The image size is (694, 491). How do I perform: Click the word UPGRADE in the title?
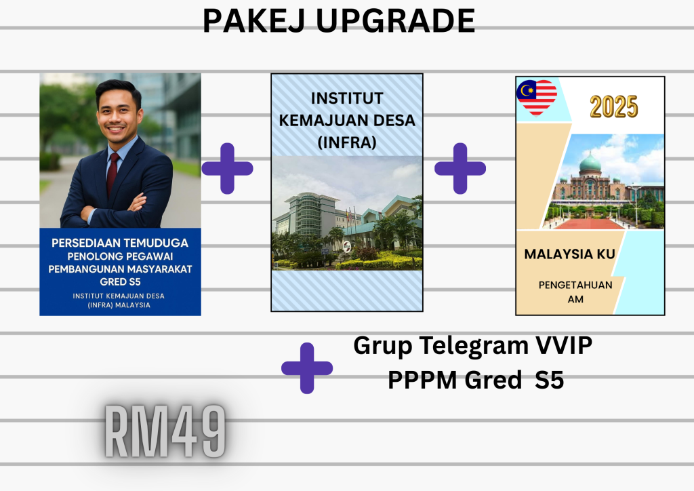(395, 20)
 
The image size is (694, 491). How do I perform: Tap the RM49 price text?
(165, 431)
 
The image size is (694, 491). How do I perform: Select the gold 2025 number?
(614, 106)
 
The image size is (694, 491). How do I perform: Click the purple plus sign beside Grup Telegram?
(307, 368)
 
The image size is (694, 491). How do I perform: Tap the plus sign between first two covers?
(227, 168)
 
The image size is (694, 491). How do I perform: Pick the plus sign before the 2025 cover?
(460, 168)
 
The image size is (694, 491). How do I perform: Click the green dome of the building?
(590, 163)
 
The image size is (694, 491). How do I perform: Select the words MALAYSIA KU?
(569, 254)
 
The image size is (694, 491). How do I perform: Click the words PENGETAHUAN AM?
(575, 292)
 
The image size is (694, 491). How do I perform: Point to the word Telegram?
(474, 346)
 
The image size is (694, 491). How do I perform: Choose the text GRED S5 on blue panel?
(120, 282)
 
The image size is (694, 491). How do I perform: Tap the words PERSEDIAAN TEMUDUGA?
(120, 243)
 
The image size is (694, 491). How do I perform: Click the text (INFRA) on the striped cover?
(347, 142)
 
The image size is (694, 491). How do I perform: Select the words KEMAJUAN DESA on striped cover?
(347, 121)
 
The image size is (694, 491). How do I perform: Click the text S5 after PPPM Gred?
(549, 380)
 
